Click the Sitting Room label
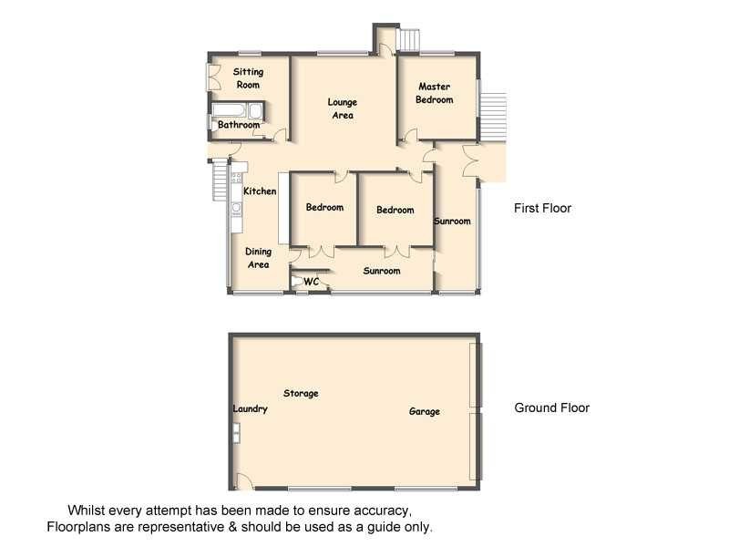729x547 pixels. tap(248, 77)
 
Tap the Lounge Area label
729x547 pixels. tap(343, 108)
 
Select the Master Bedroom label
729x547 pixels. tap(435, 93)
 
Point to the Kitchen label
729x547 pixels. tap(260, 191)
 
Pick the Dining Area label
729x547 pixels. tap(259, 258)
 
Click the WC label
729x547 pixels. tap(311, 282)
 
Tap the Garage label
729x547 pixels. tap(424, 412)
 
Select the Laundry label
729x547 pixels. tap(250, 409)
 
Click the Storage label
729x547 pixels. tap(301, 394)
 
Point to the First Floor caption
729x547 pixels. tap(542, 208)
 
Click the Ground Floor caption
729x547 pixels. tap(551, 408)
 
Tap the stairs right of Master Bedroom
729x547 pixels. tap(495, 114)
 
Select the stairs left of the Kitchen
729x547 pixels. tap(219, 181)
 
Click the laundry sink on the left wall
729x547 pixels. tap(236, 436)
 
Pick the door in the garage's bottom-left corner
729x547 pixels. tap(241, 481)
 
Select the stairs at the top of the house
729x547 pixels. tap(409, 40)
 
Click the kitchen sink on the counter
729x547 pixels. tap(235, 209)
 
